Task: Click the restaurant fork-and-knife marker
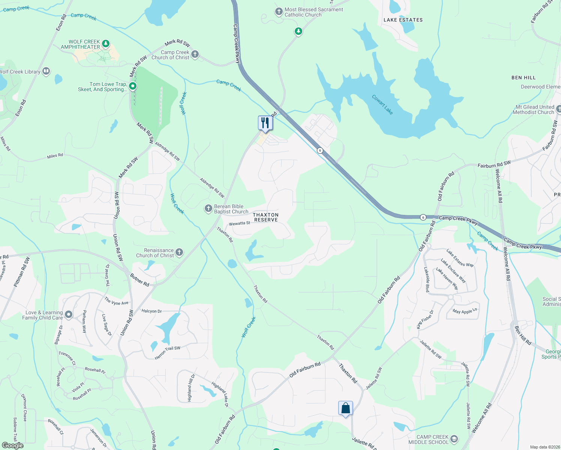click(265, 123)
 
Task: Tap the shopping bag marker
click(345, 408)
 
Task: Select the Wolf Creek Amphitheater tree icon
click(106, 44)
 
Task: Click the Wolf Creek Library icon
click(46, 71)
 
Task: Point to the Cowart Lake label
click(382, 105)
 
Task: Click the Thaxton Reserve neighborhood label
click(265, 217)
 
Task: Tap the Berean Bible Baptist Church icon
click(208, 208)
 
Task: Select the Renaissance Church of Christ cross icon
click(179, 252)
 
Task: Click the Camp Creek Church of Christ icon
click(195, 54)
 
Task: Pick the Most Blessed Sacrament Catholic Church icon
click(279, 12)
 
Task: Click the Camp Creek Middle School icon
click(454, 439)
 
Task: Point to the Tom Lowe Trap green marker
click(132, 87)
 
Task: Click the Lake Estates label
click(403, 20)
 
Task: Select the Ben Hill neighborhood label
click(523, 78)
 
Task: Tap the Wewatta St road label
click(239, 223)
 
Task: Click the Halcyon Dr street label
click(151, 311)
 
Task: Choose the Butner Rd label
click(139, 280)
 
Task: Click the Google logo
click(13, 445)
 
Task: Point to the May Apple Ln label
click(465, 311)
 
